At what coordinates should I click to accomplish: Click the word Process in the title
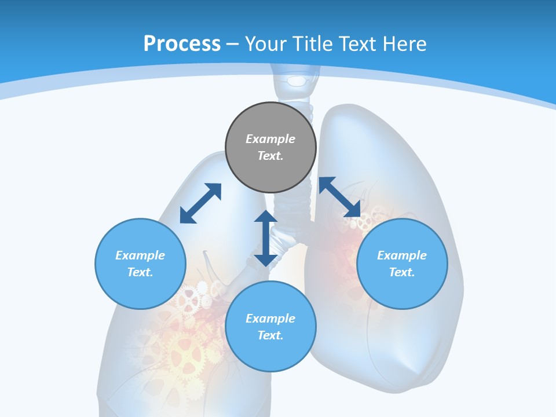pyautogui.click(x=182, y=44)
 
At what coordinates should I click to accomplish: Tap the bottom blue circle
pyautogui.click(x=270, y=353)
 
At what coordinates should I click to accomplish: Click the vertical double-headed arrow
pyautogui.click(x=266, y=238)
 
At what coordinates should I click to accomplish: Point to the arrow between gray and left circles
pyautogui.click(x=200, y=203)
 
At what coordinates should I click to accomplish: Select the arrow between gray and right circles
pyautogui.click(x=339, y=196)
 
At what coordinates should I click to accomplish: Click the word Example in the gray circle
pyautogui.click(x=270, y=139)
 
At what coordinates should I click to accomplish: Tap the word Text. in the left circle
pyautogui.click(x=140, y=272)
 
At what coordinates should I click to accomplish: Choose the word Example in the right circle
pyautogui.click(x=402, y=255)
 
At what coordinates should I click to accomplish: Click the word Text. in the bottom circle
pyautogui.click(x=270, y=335)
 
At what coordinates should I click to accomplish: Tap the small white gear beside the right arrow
pyautogui.click(x=365, y=222)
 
